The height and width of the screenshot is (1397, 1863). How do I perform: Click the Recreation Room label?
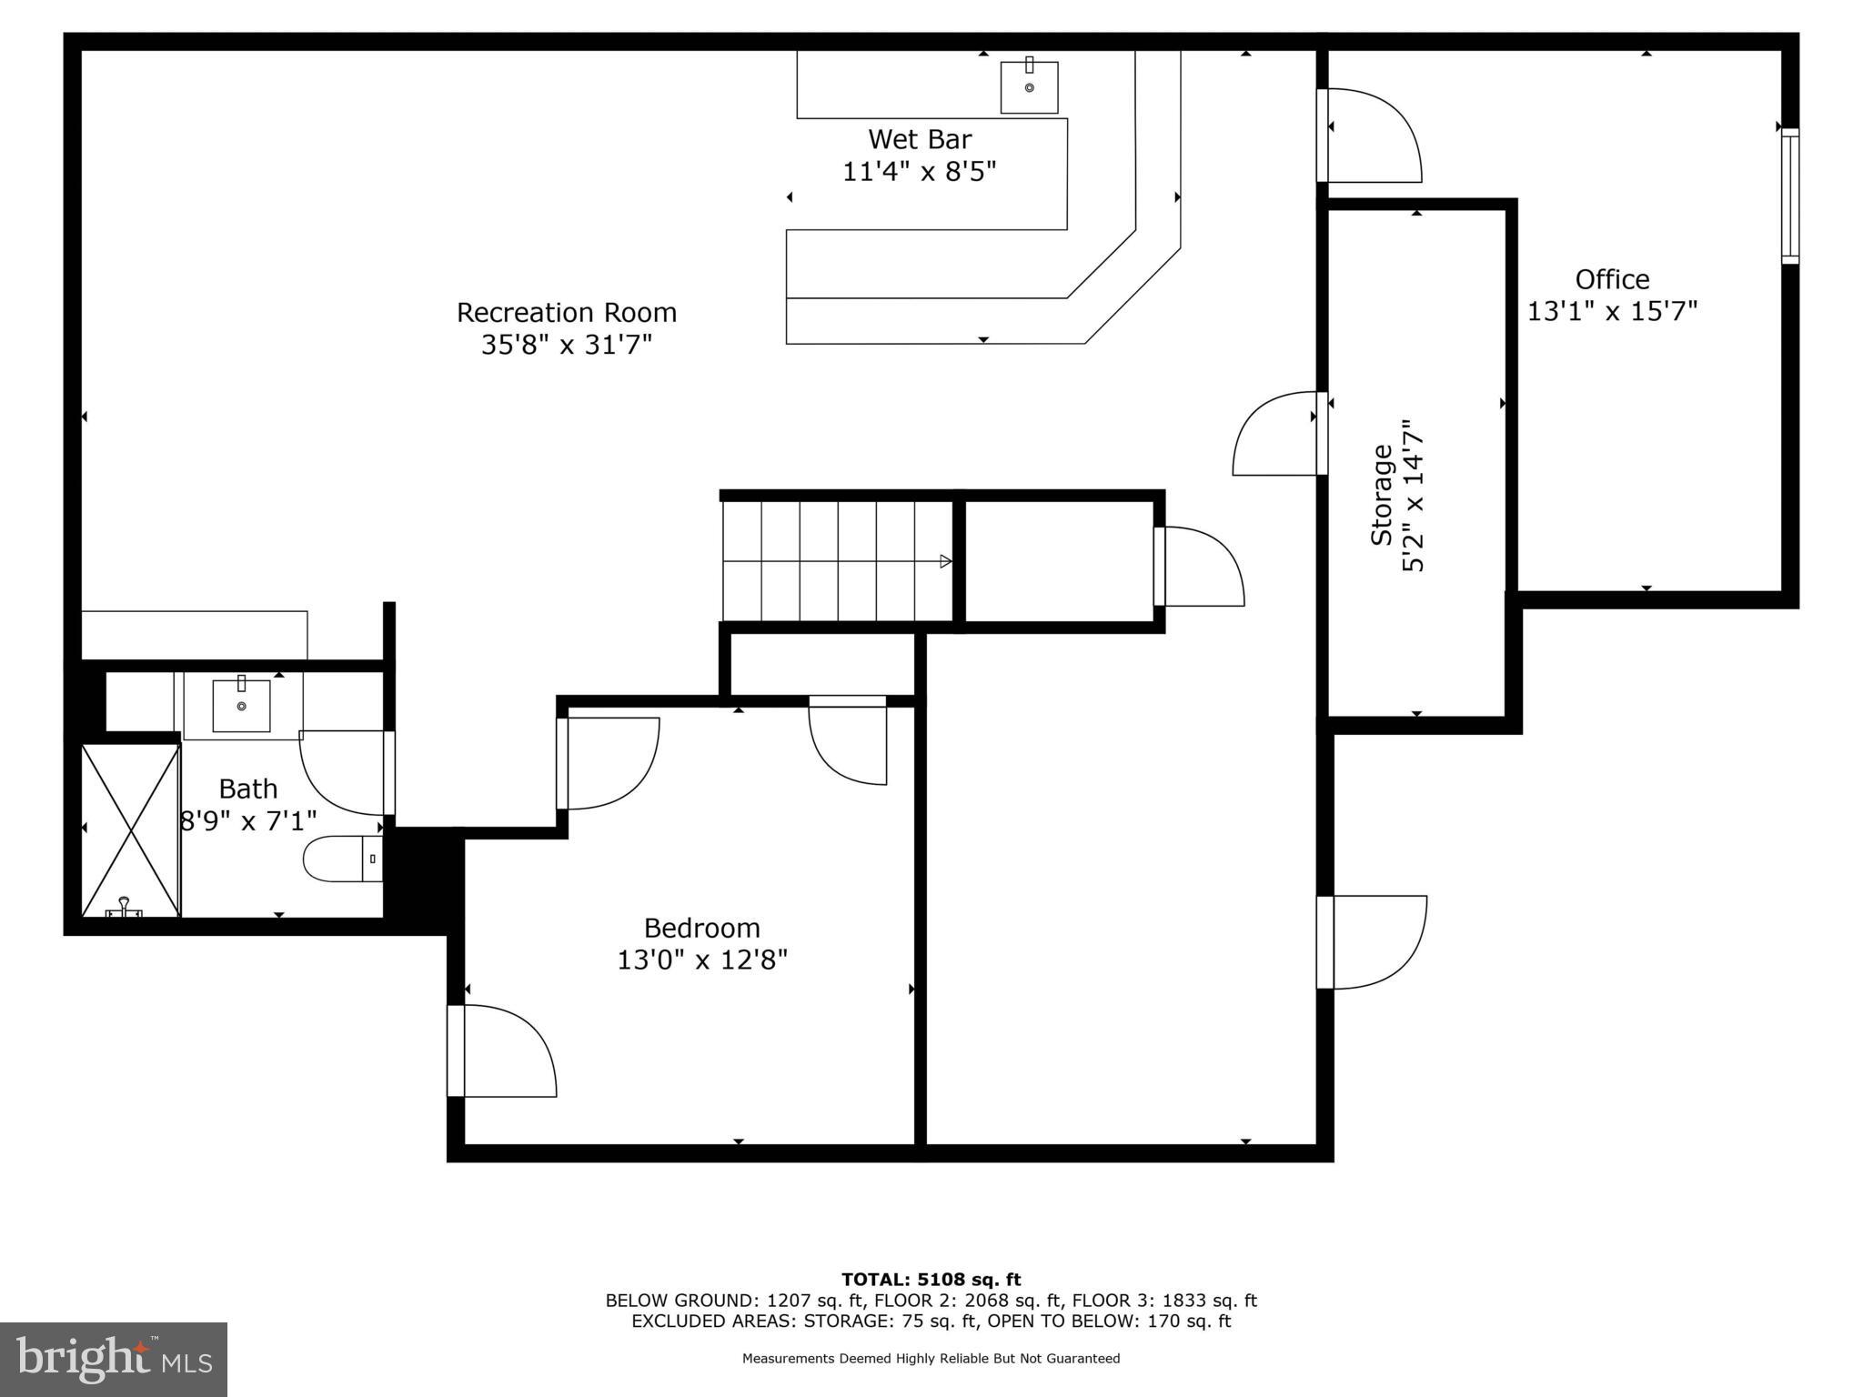566,312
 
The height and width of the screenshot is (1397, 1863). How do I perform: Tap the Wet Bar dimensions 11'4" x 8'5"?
919,171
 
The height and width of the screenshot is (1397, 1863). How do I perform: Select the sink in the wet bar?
1029,87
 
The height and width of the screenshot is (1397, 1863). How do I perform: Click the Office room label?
1612,279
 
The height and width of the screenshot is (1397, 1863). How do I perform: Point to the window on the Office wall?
1789,196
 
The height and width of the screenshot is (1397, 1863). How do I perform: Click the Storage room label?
1383,495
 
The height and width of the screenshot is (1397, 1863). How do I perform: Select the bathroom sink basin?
241,706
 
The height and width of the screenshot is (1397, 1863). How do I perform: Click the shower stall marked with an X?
131,829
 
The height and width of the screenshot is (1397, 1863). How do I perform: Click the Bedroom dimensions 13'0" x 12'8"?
702,960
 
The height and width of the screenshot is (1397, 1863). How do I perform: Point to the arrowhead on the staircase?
945,561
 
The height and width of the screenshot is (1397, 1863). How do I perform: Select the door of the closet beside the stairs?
1201,566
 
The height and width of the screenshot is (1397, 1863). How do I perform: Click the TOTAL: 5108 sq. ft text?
931,1280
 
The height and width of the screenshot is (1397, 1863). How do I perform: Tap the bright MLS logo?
114,1359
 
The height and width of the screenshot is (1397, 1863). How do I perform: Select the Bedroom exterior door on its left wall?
500,1050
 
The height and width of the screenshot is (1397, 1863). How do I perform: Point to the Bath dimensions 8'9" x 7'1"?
248,821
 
